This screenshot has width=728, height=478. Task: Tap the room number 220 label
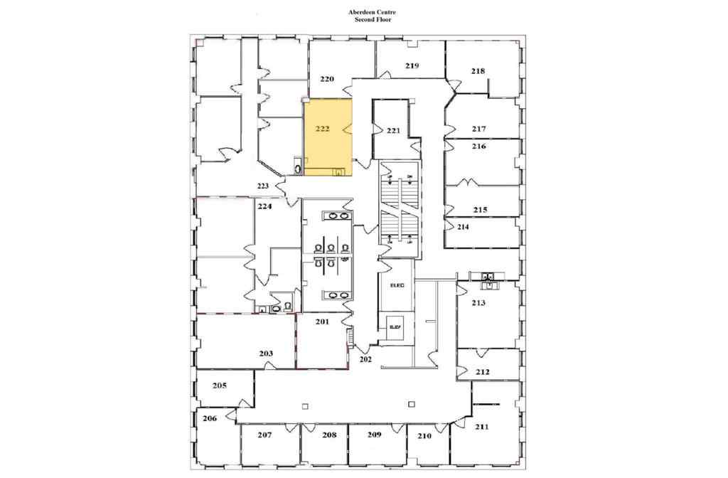pyautogui.click(x=327, y=80)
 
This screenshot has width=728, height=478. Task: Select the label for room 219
pyautogui.click(x=412, y=65)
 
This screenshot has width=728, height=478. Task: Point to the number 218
pyautogui.click(x=478, y=70)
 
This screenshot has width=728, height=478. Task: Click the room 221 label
pyautogui.click(x=394, y=131)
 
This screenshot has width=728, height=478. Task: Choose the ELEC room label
pyautogui.click(x=397, y=286)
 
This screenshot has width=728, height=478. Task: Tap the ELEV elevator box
pyautogui.click(x=396, y=326)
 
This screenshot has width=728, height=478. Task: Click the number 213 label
pyautogui.click(x=478, y=303)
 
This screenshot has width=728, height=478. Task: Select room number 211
pyautogui.click(x=481, y=427)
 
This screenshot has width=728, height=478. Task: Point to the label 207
pyautogui.click(x=265, y=434)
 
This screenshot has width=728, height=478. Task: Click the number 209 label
pyautogui.click(x=375, y=434)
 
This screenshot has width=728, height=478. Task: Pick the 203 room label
pyautogui.click(x=266, y=354)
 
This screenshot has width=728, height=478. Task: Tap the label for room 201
pyautogui.click(x=322, y=322)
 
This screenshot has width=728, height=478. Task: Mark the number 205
pyautogui.click(x=219, y=386)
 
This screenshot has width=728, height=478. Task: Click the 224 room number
pyautogui.click(x=265, y=207)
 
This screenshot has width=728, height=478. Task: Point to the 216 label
pyautogui.click(x=478, y=146)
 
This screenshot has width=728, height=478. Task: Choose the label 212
pyautogui.click(x=483, y=372)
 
